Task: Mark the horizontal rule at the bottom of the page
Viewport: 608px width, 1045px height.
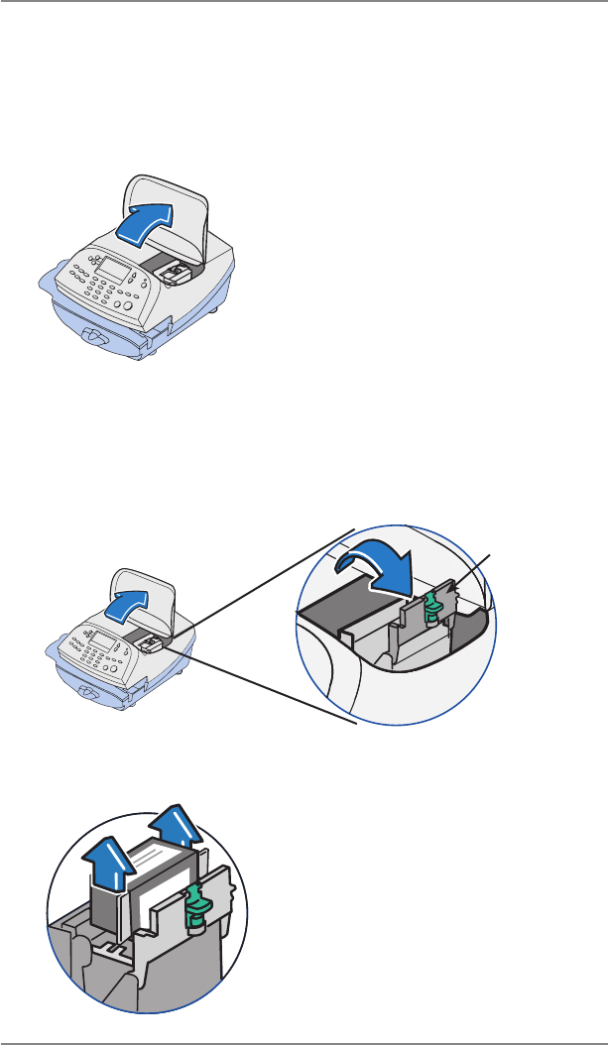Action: coord(304,1041)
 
